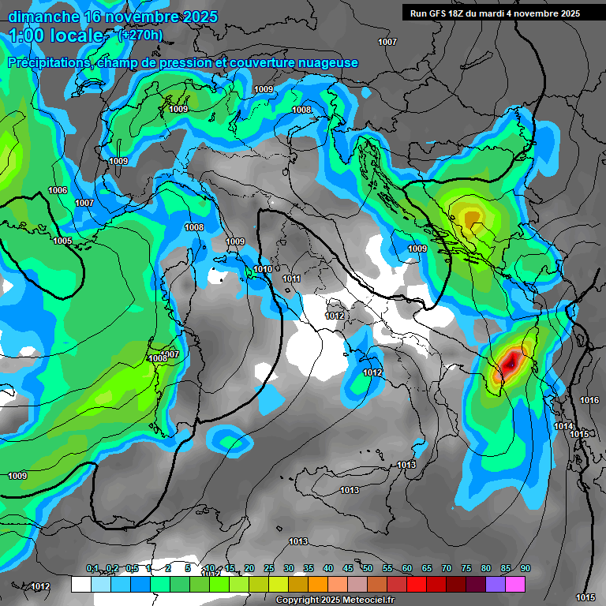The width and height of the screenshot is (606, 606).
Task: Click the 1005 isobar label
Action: click(62, 241)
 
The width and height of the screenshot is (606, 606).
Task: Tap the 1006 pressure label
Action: click(58, 190)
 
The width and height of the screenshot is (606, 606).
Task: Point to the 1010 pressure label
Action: click(263, 270)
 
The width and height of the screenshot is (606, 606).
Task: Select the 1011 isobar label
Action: click(292, 279)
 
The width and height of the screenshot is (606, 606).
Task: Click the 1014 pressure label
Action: click(563, 426)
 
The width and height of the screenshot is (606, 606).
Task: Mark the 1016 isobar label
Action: click(589, 400)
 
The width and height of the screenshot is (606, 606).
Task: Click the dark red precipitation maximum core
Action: click(512, 362)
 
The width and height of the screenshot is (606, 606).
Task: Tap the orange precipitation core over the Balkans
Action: click(471, 217)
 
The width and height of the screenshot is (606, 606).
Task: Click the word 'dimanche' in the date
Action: click(43, 17)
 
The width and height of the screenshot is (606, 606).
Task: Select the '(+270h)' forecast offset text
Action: click(140, 35)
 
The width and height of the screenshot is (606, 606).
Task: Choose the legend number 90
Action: click(525, 568)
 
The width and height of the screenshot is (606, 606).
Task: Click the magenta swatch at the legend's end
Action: click(515, 584)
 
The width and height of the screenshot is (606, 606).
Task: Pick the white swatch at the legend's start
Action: click(81, 584)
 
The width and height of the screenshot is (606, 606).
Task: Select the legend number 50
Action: click(368, 568)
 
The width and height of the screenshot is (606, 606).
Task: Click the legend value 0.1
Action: click(92, 568)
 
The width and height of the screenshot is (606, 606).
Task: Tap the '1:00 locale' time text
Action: click(57, 36)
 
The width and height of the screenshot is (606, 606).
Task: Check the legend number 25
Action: click(269, 568)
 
